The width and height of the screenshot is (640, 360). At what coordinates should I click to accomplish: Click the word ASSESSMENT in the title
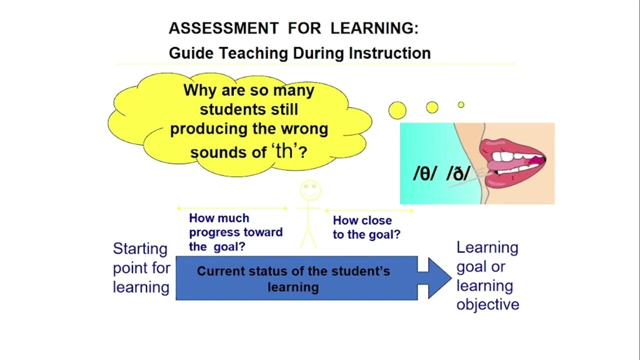tap(223, 28)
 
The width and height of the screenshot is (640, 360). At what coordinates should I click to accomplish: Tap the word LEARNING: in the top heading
tap(374, 28)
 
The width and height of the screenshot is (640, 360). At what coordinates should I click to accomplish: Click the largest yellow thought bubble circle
tap(397, 110)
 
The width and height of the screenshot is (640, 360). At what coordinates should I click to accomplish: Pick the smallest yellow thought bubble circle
tap(461, 104)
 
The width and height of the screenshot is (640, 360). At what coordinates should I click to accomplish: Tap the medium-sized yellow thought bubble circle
tap(432, 107)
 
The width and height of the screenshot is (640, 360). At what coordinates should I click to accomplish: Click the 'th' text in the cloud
tap(285, 151)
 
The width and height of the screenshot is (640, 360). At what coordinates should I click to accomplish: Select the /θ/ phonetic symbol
tap(425, 173)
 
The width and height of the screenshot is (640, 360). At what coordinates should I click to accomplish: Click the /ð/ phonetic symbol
tap(458, 173)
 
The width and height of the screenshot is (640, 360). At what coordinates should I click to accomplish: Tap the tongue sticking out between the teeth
tap(495, 163)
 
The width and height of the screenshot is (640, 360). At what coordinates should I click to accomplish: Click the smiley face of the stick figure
tap(310, 190)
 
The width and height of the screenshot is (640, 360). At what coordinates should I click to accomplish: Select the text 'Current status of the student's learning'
tap(293, 279)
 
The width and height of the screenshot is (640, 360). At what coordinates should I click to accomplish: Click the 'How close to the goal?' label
tap(366, 227)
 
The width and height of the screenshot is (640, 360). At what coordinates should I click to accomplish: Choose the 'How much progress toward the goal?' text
tap(235, 232)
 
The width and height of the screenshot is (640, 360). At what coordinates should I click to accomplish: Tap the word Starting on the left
tap(140, 249)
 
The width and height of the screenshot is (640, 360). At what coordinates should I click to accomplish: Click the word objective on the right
tap(487, 304)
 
